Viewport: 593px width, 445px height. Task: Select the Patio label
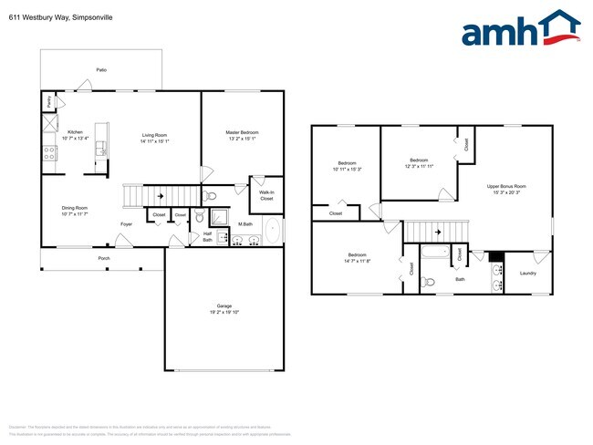click(x=100, y=69)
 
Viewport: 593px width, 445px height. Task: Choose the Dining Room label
click(x=75, y=211)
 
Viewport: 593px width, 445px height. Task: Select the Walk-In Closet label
click(x=266, y=195)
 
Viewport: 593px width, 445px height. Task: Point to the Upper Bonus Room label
click(x=506, y=189)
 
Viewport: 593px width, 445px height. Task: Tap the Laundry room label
click(x=527, y=273)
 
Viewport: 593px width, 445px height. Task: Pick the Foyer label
click(x=127, y=223)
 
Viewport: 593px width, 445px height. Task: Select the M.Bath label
click(x=245, y=223)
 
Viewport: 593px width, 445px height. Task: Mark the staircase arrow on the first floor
click(x=161, y=195)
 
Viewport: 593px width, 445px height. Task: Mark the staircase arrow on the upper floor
click(x=437, y=233)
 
